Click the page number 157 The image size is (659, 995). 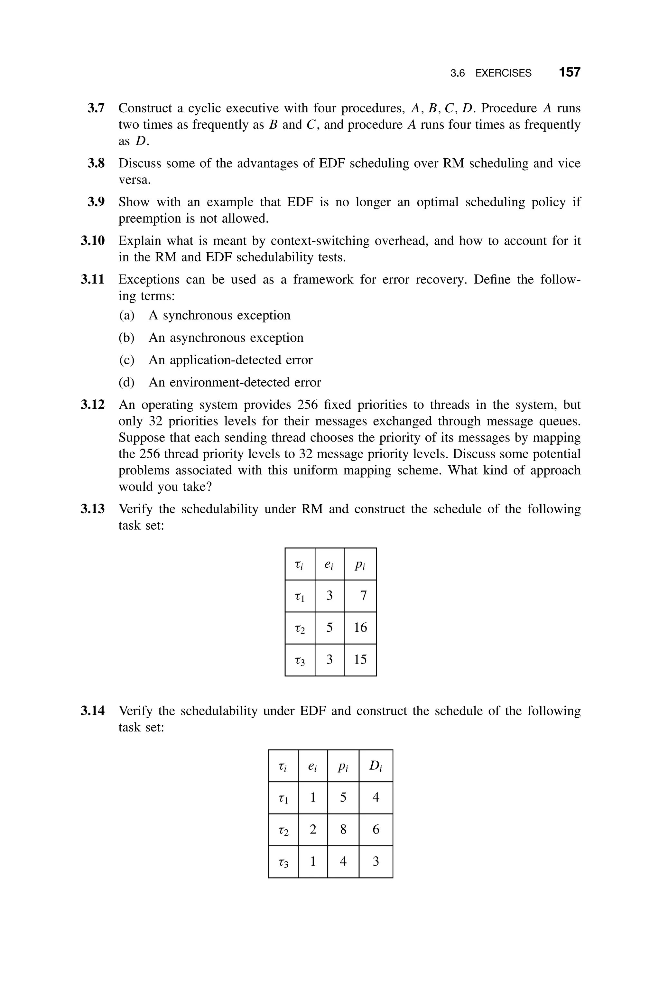click(x=570, y=72)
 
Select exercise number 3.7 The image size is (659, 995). click(x=96, y=108)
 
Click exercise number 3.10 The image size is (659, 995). click(x=92, y=241)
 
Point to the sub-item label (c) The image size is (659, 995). click(x=126, y=360)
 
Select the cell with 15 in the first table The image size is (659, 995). click(x=360, y=659)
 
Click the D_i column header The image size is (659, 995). click(x=376, y=766)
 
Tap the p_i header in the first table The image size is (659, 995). click(x=360, y=564)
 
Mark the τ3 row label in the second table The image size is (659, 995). click(x=284, y=862)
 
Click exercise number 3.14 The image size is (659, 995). click(x=92, y=711)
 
